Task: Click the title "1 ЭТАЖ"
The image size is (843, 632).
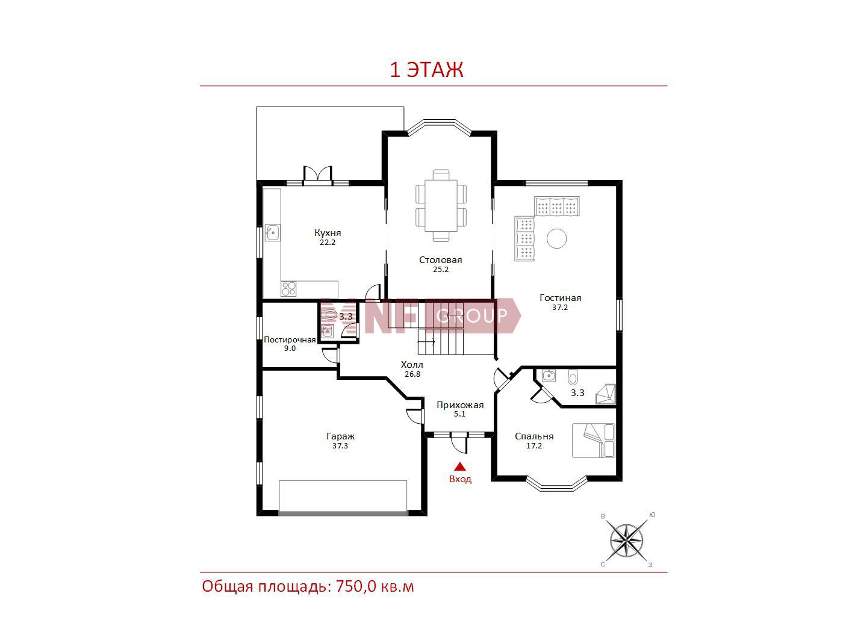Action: click(426, 70)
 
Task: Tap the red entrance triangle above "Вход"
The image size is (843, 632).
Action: click(460, 466)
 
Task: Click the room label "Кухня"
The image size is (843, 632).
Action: click(328, 232)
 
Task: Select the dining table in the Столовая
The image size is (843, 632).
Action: click(441, 205)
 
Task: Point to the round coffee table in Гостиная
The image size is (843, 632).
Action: click(556, 238)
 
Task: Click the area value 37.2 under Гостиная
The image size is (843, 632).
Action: click(560, 307)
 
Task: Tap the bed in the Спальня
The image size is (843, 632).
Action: click(593, 441)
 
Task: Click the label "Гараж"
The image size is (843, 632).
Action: click(340, 436)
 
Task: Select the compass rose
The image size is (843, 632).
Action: click(626, 541)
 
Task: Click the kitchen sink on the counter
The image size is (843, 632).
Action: click(272, 232)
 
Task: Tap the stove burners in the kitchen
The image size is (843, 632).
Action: click(288, 289)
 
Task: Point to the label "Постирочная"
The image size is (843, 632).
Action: click(290, 339)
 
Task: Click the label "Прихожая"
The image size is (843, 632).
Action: click(460, 405)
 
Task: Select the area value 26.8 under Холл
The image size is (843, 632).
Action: click(412, 374)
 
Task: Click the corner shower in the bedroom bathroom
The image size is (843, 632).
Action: click(606, 394)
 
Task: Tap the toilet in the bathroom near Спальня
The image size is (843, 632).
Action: click(573, 377)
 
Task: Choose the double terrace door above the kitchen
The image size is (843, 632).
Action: click(317, 176)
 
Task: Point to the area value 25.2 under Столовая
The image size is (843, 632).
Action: click(441, 270)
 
